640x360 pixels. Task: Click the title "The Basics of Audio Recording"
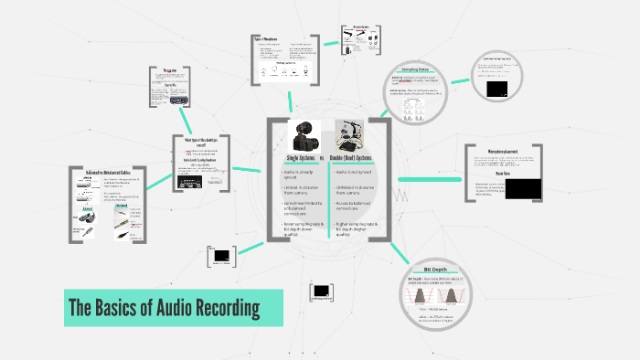coord(164,308)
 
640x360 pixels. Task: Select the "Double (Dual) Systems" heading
coord(359,158)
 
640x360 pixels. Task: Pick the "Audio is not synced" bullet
coord(355,172)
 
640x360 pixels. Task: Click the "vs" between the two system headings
coord(322,158)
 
